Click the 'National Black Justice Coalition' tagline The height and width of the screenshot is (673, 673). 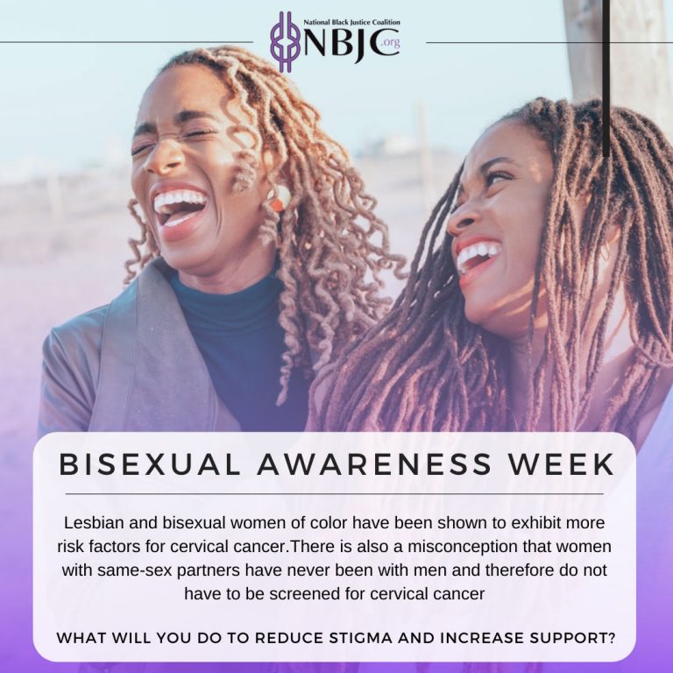pyautogui.click(x=351, y=22)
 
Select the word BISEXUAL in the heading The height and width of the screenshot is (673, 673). pyautogui.click(x=149, y=464)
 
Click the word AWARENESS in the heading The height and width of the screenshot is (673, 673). pyautogui.click(x=374, y=464)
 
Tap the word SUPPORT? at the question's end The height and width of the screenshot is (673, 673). pyautogui.click(x=572, y=638)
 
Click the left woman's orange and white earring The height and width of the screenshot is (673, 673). pyautogui.click(x=279, y=198)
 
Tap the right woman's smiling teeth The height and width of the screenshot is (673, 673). pyautogui.click(x=478, y=254)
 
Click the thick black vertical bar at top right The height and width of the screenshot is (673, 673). pyautogui.click(x=606, y=78)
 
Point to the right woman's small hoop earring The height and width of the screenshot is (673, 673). pyautogui.click(x=606, y=252)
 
